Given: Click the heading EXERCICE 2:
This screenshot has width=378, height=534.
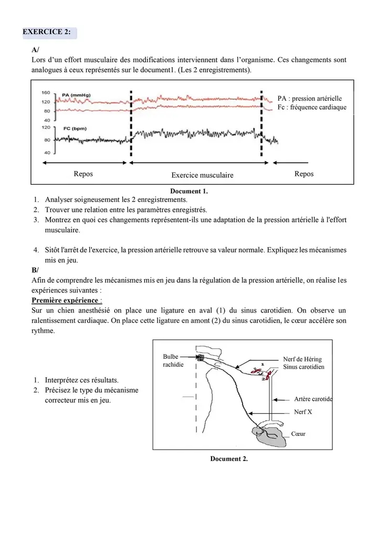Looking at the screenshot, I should pyautogui.click(x=47, y=32).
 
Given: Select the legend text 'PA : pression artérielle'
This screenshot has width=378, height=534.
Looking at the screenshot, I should pyautogui.click(x=310, y=98).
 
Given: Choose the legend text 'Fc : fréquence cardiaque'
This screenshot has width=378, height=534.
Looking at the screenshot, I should pyautogui.click(x=312, y=108).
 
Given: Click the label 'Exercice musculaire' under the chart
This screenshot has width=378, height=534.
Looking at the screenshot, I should pyautogui.click(x=202, y=175).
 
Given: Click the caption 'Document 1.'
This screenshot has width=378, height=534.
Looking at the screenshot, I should pyautogui.click(x=189, y=191).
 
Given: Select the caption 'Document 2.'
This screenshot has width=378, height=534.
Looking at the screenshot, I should pyautogui.click(x=229, y=459).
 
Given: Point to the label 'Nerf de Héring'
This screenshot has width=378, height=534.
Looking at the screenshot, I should pyautogui.click(x=302, y=359).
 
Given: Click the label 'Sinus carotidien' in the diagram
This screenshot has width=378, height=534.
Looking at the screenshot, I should pyautogui.click(x=303, y=367).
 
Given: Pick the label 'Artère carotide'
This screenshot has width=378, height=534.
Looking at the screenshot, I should pyautogui.click(x=313, y=399).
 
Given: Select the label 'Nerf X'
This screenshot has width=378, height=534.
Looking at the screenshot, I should pyautogui.click(x=303, y=412).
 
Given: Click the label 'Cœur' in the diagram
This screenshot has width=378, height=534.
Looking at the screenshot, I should pyautogui.click(x=298, y=434).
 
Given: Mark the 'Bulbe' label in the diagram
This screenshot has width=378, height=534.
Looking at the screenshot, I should pyautogui.click(x=172, y=357).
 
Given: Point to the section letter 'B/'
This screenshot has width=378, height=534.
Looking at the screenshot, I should pyautogui.click(x=35, y=270).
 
